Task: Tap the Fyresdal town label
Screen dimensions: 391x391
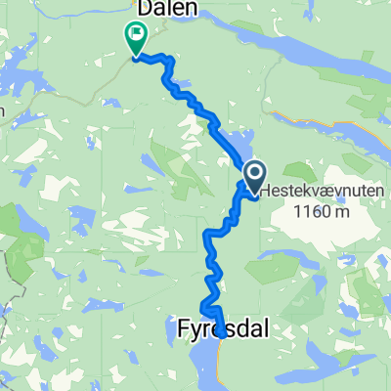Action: pyautogui.click(x=223, y=330)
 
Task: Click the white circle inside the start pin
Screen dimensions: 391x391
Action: pyautogui.click(x=253, y=174)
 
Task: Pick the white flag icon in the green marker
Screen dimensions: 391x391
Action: pyautogui.click(x=135, y=34)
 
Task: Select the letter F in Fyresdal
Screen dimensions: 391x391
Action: pyautogui.click(x=186, y=330)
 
